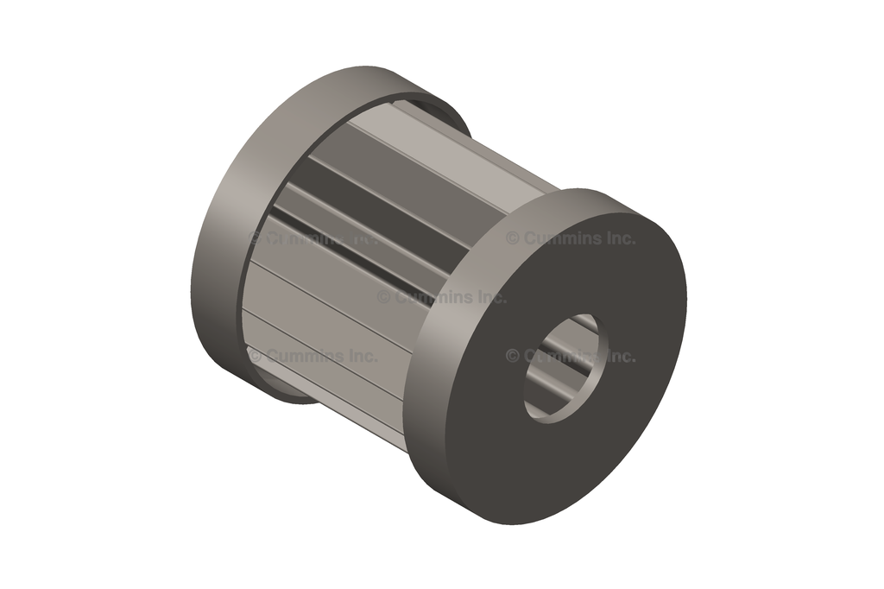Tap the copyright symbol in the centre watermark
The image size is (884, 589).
coord(383,297)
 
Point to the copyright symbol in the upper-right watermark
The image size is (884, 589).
coord(512,238)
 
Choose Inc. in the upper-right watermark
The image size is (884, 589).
coord(619,238)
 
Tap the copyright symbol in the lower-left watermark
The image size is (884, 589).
coord(255,356)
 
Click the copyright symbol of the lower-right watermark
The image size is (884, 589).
coord(512,356)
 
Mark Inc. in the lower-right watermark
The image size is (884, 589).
coord(619,356)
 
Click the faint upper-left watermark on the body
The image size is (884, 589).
coord(311,238)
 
